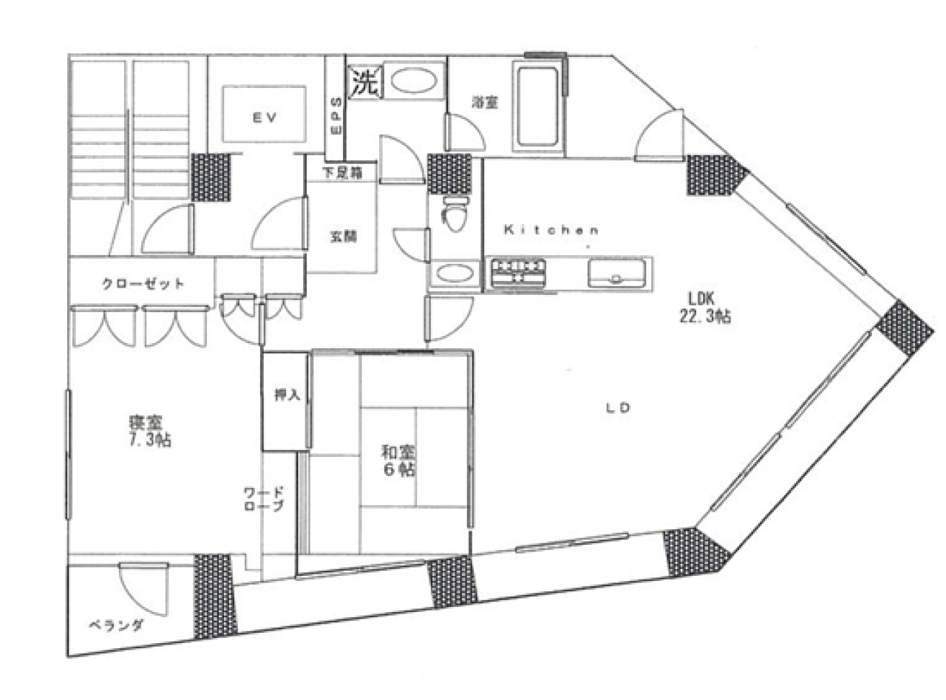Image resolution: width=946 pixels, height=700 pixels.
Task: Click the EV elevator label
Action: pos(264,116)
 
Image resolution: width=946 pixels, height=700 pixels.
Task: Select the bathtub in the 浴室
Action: pos(537,106)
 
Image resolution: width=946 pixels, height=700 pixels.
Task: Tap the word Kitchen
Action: pos(550,230)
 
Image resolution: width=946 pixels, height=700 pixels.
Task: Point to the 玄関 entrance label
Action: pos(343,237)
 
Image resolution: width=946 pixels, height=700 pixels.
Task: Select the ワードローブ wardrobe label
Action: pos(264,500)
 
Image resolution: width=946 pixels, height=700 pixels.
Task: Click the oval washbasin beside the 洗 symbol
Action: pos(413,81)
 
